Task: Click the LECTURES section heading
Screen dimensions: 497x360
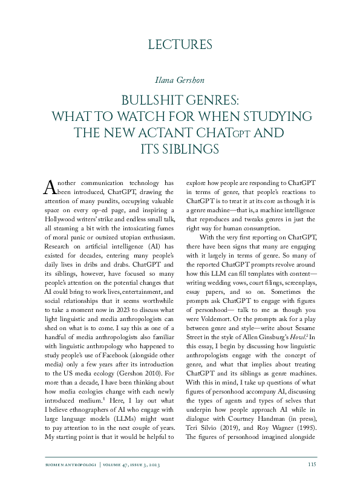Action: point(180,44)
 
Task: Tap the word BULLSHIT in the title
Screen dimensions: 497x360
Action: point(151,99)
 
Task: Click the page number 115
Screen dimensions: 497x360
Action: point(312,481)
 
